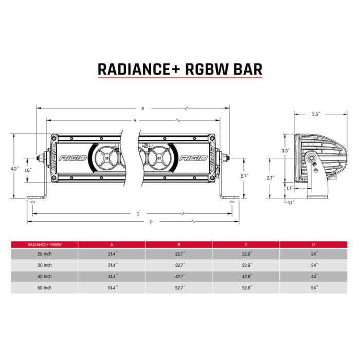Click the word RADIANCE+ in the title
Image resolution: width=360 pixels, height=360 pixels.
point(139,69)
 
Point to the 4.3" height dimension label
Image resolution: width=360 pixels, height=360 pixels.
point(14,168)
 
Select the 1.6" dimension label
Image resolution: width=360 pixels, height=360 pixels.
point(28,170)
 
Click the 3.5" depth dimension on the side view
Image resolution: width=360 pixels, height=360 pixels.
point(316,114)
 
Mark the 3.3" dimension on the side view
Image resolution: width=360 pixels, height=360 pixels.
point(285,150)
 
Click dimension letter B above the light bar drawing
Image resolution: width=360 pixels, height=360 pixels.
point(142,109)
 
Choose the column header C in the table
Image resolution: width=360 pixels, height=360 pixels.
point(245,244)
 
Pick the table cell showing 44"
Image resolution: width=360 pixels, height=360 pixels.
point(314,277)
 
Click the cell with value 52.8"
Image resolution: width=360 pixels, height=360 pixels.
point(246,288)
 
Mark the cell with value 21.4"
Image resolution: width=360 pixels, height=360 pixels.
point(111,254)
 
